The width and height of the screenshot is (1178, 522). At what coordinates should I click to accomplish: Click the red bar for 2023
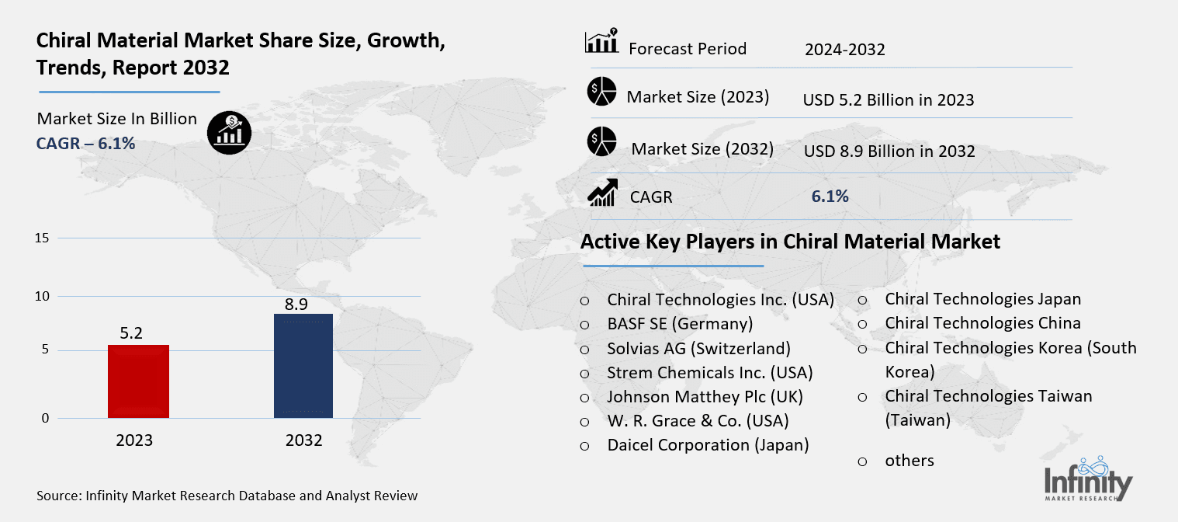pos(138,381)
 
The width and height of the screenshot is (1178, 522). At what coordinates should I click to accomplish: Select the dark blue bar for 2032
pos(303,366)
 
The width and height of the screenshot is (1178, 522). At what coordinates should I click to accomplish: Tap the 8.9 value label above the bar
pos(303,302)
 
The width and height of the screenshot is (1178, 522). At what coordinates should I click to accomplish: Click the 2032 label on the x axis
pos(303,440)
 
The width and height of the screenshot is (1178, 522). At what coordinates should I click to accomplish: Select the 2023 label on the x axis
pos(135,440)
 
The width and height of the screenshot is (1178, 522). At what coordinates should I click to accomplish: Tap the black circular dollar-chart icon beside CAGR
pos(229,132)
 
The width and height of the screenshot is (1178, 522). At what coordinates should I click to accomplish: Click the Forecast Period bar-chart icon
pos(601,43)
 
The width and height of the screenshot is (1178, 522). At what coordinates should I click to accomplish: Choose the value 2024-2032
pos(844,50)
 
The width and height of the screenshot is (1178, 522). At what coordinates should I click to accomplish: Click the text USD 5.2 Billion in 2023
pos(888,100)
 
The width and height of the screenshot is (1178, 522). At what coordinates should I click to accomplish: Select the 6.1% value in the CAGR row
pos(830,197)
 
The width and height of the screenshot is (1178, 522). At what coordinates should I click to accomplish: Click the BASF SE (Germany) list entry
pos(680,324)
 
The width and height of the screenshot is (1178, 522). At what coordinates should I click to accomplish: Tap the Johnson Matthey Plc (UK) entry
pos(705,397)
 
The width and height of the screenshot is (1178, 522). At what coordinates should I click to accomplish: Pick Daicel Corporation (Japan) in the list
pos(708,445)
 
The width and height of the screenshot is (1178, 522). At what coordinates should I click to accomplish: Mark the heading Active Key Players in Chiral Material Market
pos(790,242)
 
